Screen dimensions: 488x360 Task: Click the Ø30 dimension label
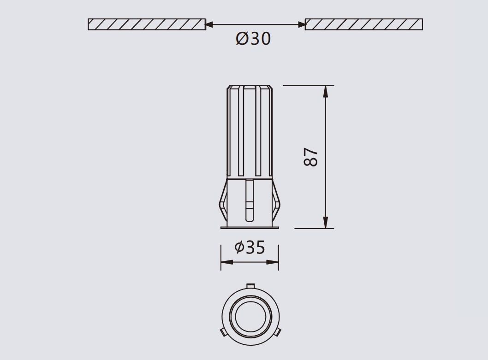tap(253, 39)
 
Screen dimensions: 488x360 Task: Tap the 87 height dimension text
tap(311, 157)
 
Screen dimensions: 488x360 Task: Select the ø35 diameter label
tap(250, 248)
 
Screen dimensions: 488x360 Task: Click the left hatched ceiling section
tap(147, 24)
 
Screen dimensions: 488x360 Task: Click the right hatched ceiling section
tap(364, 24)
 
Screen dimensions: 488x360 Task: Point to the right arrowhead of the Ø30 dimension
tap(301, 24)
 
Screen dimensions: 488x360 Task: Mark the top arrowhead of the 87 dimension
tap(326, 91)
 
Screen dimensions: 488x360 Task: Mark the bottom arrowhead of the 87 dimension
tap(326, 223)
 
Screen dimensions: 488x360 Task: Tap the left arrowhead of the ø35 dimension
tap(227, 262)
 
